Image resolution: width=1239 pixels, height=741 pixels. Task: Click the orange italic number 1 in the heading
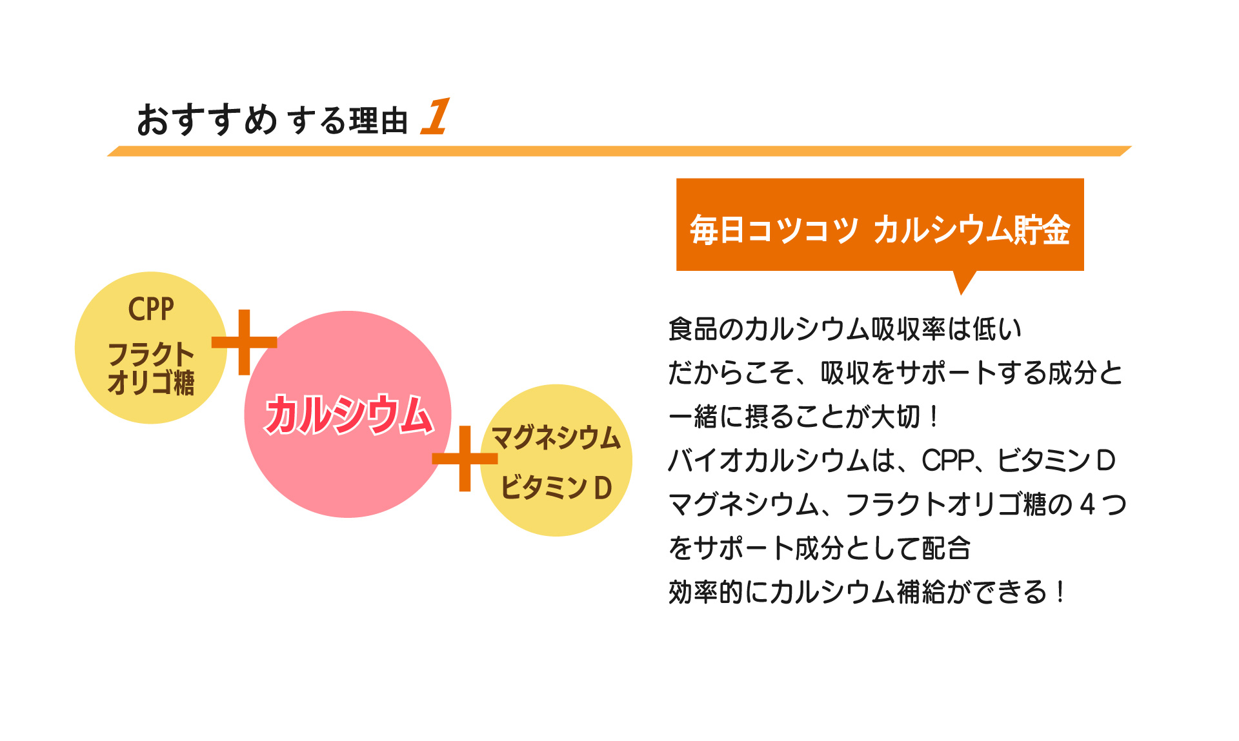(x=436, y=117)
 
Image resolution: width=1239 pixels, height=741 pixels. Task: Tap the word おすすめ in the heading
(x=206, y=120)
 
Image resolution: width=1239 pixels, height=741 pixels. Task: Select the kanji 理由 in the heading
(x=379, y=121)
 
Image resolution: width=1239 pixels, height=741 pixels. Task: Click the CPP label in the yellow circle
(x=151, y=309)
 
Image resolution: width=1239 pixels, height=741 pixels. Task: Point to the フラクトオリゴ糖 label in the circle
(x=151, y=368)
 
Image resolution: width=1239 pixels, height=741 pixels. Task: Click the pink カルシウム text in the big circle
(x=348, y=415)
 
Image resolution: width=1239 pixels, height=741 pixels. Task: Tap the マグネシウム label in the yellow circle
(x=556, y=438)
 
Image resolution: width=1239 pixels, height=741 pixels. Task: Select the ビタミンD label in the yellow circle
(x=556, y=488)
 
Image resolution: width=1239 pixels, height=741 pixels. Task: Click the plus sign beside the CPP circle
(x=244, y=342)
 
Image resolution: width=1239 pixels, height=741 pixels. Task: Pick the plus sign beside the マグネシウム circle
(x=465, y=459)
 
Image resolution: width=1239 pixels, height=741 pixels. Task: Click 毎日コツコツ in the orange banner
(x=774, y=230)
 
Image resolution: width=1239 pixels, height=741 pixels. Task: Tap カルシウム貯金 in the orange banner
(x=972, y=230)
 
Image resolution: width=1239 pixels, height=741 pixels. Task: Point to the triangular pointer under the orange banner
(x=963, y=281)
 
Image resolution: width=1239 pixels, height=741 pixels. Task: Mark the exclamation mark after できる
(x=1060, y=592)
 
